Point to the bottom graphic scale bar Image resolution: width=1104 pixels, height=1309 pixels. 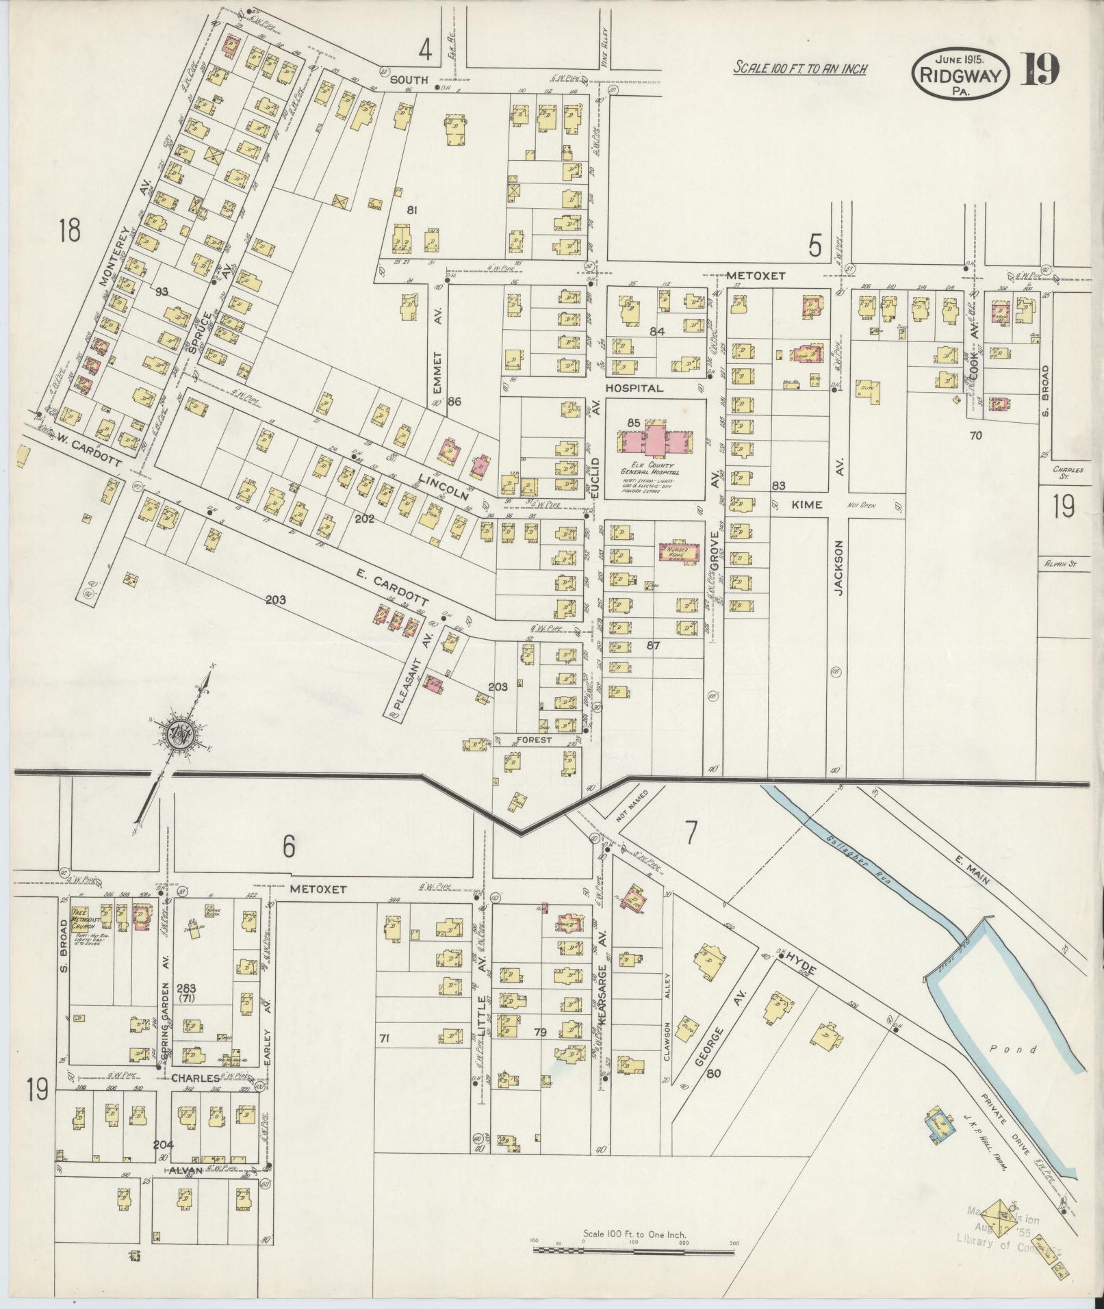click(x=634, y=1249)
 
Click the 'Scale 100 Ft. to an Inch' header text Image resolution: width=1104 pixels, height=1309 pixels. click(x=799, y=69)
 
